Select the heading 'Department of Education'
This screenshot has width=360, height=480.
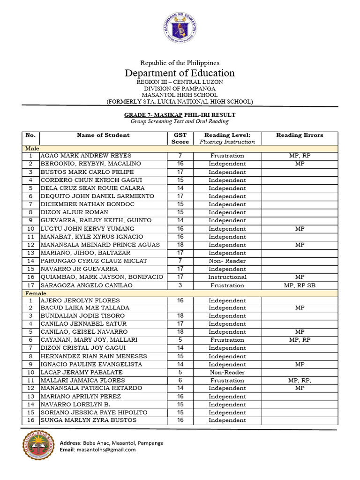pos(180,73)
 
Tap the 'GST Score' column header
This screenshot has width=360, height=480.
pos(180,138)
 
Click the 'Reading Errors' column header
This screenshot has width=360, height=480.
pos(300,135)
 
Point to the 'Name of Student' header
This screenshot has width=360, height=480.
pos(103,135)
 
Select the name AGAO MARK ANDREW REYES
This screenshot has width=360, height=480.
pos(86,156)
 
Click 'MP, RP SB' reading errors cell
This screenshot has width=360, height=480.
pos(300,285)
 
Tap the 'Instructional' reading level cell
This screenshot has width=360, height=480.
pos(227,277)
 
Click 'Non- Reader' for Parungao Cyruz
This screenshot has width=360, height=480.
pos(227,261)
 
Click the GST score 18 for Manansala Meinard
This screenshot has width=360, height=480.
pos(180,245)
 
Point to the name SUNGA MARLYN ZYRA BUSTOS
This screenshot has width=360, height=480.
pos(89,420)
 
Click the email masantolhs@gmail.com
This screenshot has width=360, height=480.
pos(111,450)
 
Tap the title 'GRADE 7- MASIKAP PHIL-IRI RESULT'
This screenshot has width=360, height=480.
pos(180,115)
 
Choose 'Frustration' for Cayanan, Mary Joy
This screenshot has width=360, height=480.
pos(227,340)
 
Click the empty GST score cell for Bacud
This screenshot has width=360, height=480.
pos(180,308)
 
